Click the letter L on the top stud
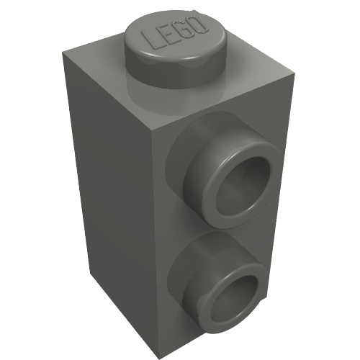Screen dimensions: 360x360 [150, 40]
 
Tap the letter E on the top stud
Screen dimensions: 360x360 [166, 35]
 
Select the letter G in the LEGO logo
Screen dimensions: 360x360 [181, 31]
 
